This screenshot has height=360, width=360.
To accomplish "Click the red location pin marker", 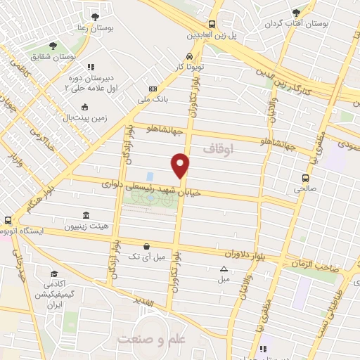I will pyautogui.click(x=181, y=166).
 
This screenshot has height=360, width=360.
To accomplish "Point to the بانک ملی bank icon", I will pyautogui.click(x=153, y=89).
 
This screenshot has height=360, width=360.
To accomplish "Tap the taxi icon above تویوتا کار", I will pyautogui.click(x=189, y=56).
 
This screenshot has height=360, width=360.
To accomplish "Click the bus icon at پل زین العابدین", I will pyautogui.click(x=212, y=23).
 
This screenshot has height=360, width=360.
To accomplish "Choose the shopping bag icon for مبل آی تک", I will pyautogui.click(x=146, y=246).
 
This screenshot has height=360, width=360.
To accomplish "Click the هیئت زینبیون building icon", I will pyautogui.click(x=86, y=215).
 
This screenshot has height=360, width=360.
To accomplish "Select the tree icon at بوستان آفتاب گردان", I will pyautogui.click(x=296, y=12).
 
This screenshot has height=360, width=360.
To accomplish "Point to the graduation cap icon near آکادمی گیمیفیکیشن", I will pyautogui.click(x=53, y=274).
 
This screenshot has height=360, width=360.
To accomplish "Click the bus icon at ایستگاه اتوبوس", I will pyautogui.click(x=8, y=220).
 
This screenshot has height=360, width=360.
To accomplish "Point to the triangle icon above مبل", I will pyautogui.click(x=224, y=269).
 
